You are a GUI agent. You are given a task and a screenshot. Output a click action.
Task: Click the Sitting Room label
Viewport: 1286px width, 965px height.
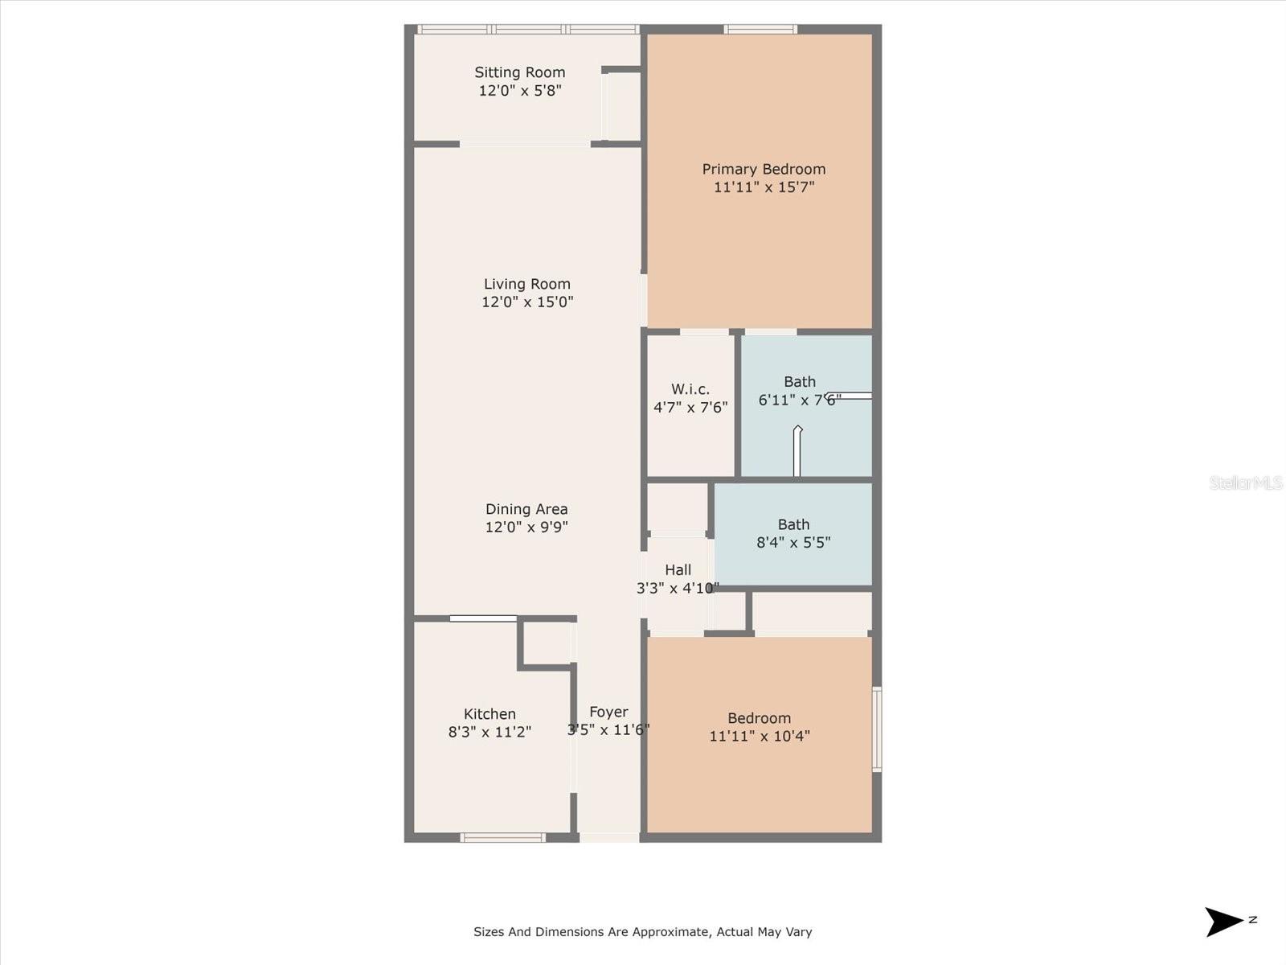pos(519,72)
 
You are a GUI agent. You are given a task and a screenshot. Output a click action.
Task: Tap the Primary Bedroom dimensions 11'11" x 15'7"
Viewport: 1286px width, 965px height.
pos(764,187)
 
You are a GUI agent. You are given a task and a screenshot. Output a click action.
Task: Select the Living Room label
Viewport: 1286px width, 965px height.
pos(526,284)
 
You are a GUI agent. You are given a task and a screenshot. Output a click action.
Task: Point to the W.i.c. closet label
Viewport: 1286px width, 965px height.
pos(690,389)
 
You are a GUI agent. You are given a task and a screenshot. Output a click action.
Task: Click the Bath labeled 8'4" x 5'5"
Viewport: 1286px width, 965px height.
pos(792,533)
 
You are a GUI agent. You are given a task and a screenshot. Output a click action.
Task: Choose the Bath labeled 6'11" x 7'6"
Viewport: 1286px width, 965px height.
pos(799,391)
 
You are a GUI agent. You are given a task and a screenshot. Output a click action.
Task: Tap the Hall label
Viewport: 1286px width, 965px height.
pos(678,570)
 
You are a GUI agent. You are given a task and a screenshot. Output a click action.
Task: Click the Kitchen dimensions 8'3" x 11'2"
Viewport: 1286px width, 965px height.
pos(489,732)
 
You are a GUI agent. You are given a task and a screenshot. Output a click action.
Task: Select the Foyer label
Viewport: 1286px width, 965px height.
pos(608,712)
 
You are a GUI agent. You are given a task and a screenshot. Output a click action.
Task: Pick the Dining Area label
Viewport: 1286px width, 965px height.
pos(526,509)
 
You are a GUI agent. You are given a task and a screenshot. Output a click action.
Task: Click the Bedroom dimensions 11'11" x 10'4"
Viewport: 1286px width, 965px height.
pos(759,736)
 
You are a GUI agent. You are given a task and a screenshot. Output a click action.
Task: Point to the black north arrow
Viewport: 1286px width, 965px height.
pos(1223,922)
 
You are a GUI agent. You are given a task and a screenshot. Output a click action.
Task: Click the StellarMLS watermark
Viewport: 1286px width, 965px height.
pos(1245,483)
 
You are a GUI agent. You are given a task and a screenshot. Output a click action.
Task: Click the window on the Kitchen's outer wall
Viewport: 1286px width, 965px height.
pos(503,838)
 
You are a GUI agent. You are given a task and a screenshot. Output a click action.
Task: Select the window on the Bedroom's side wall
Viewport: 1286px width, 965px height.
pos(877,729)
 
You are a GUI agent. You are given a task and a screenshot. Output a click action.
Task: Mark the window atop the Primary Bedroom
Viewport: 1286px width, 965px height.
pos(760,30)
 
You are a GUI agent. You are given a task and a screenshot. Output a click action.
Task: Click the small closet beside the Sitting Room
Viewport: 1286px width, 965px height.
pos(621,106)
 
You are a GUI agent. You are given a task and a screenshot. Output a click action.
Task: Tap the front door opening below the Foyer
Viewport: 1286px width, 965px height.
pos(609,838)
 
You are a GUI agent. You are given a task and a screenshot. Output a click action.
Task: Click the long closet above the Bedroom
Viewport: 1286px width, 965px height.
pos(812,612)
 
